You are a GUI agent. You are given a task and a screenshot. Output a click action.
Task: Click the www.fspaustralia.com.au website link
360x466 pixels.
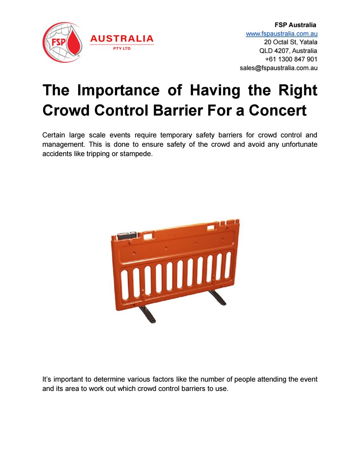[x=282, y=34]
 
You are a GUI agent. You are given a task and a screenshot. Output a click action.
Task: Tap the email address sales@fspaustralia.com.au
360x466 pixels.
[x=278, y=68]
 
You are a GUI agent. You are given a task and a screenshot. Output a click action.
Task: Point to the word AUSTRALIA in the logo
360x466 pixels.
[x=122, y=39]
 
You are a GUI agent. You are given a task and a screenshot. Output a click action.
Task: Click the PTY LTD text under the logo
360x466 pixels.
[x=122, y=49]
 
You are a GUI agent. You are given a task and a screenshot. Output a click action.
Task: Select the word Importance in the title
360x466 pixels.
[x=119, y=90]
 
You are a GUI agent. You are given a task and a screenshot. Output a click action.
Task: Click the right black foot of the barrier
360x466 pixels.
[x=220, y=298]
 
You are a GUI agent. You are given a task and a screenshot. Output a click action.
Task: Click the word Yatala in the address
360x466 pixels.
[x=308, y=42]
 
